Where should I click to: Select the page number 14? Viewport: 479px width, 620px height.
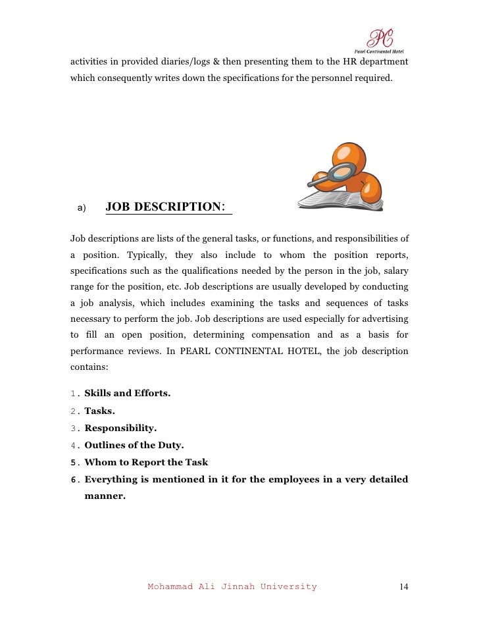pos(404,586)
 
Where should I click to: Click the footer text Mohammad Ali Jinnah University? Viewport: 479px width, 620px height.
pos(232,586)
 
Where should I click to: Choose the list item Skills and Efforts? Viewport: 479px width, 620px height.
pos(128,394)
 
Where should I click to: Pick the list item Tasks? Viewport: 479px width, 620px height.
pos(99,411)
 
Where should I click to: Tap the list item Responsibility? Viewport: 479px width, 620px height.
pos(120,428)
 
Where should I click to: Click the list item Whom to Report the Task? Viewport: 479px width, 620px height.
pos(147,462)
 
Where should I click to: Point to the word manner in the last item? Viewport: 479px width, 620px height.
pos(105,496)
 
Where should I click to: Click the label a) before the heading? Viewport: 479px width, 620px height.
pos(82,209)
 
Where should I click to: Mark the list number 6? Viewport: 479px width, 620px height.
pos(74,479)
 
